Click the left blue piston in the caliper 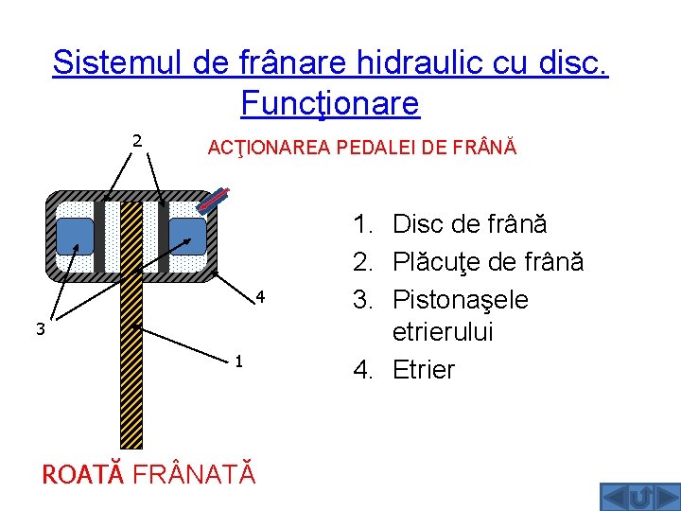click(75, 237)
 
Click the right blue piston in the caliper click(187, 237)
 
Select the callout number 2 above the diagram click(137, 141)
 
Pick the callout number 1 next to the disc click(240, 361)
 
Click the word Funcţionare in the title click(330, 102)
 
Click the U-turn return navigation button click(639, 497)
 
